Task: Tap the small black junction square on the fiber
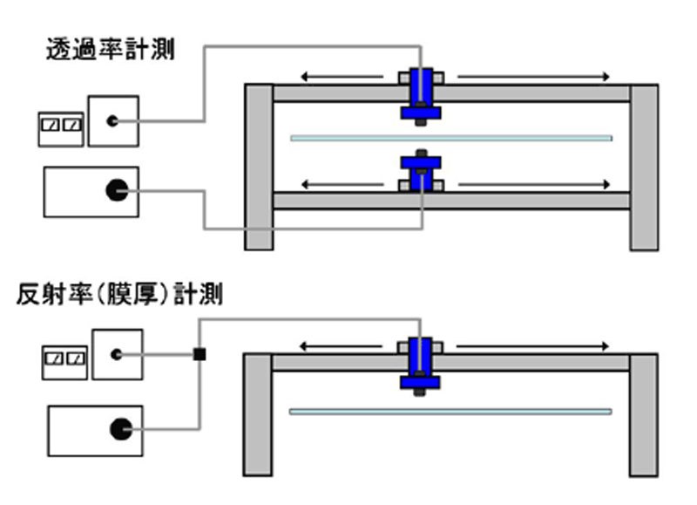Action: point(200,354)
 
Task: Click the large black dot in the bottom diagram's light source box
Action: point(118,428)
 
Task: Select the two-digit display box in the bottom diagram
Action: point(65,358)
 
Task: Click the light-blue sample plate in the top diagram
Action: point(450,138)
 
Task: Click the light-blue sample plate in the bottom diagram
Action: point(450,411)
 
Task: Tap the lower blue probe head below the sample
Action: point(421,170)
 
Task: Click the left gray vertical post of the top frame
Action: point(259,167)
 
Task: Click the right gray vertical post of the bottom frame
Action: point(644,414)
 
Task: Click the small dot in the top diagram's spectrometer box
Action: point(112,121)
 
